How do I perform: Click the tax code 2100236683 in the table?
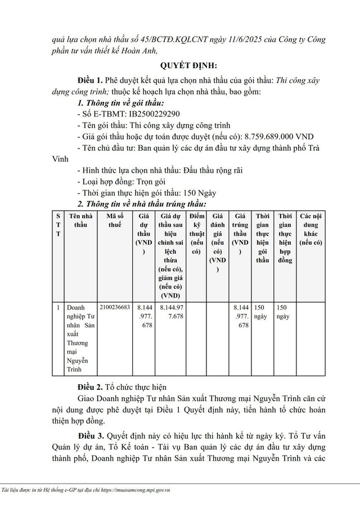pyautogui.click(x=114, y=308)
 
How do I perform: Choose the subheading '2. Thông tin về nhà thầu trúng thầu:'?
pyautogui.click(x=142, y=204)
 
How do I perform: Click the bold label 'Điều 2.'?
pyautogui.click(x=90, y=389)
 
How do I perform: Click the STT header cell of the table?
pyautogui.click(x=58, y=224)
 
